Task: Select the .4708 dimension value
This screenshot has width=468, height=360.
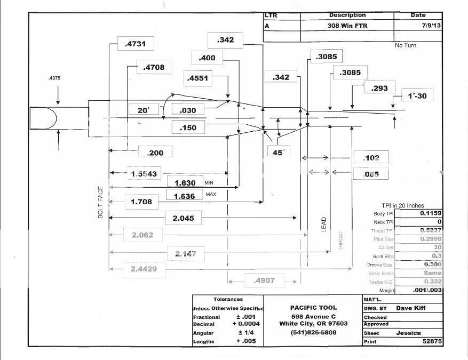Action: click(154, 67)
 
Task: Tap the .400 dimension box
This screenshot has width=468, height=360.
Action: click(207, 58)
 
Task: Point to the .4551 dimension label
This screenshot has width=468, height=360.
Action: click(197, 78)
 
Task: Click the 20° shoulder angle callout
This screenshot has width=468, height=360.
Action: click(144, 110)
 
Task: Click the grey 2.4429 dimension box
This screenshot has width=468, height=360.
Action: click(144, 269)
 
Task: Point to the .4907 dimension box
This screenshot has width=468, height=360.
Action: click(264, 279)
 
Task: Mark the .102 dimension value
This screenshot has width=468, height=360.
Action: click(371, 158)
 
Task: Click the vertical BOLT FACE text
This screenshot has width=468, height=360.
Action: click(100, 203)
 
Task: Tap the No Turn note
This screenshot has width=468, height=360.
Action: click(406, 45)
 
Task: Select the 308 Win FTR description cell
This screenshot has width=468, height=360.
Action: click(347, 26)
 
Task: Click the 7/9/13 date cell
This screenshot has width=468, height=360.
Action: click(418, 26)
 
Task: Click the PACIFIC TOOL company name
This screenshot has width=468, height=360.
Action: click(313, 308)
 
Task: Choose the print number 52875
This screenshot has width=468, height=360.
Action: click(431, 341)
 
